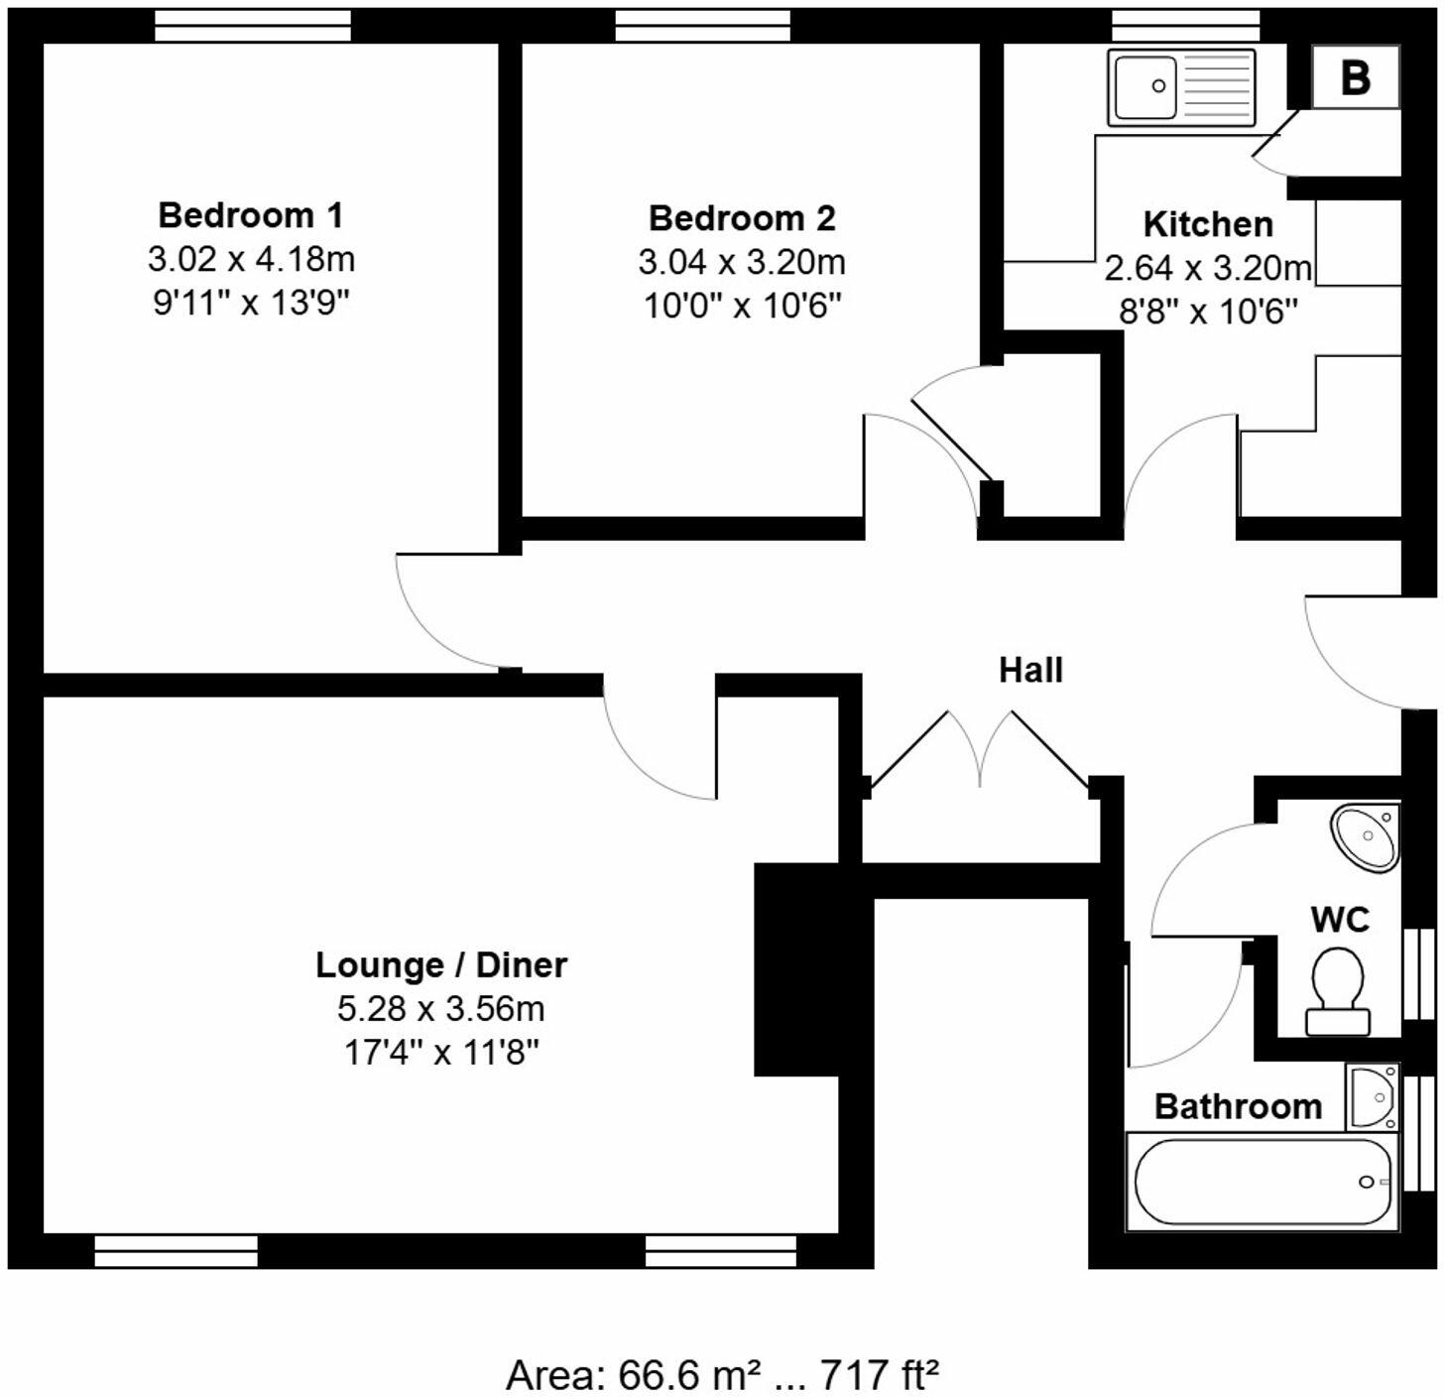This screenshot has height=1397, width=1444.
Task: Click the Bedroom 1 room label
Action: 251,214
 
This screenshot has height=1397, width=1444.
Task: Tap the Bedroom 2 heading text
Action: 742,217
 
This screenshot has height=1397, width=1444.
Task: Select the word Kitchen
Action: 1208,224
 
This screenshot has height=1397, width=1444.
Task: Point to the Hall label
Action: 1030,670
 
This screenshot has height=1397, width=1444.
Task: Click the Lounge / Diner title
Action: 441,964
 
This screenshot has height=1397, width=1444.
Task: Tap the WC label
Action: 1340,919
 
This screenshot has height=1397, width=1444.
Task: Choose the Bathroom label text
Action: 1238,1106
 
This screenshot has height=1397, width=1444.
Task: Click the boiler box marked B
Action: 1355,77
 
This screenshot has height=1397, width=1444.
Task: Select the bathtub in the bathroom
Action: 1263,1182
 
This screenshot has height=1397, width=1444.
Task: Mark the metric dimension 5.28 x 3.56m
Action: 441,1008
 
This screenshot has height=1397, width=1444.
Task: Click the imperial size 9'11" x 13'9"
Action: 251,302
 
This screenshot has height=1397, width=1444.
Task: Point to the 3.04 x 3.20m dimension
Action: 742,262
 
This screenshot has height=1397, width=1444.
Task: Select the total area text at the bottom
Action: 722,1375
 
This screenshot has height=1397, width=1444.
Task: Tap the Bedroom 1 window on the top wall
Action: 253,26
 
